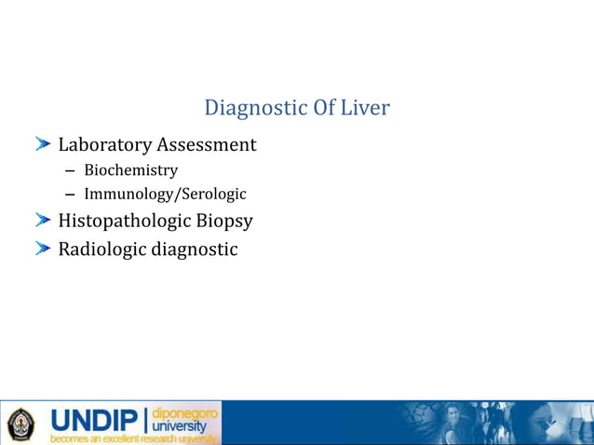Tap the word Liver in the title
pos(364,108)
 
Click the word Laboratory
pos(105,145)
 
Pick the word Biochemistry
pos(130,170)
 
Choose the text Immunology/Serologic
pos(165,195)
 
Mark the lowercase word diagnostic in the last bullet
pos(196,249)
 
